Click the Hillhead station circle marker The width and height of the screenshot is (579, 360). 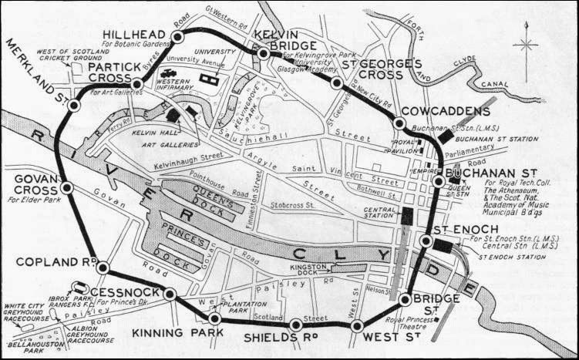(178, 37)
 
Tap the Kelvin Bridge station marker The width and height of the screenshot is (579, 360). (263, 53)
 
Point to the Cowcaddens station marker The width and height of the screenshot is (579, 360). (399, 123)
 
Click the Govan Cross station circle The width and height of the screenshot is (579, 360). (67, 187)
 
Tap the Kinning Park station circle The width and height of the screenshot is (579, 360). (215, 318)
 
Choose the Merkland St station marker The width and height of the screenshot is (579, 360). (74, 106)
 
